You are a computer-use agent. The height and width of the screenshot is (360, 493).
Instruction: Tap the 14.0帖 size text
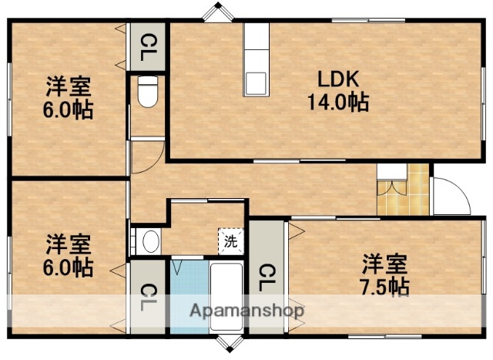coord(336,101)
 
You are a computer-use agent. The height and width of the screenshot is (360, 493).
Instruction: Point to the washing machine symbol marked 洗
coord(231,241)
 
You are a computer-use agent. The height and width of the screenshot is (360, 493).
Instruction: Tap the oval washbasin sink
coord(150,241)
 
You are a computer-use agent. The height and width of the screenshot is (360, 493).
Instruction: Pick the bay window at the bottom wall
coord(227,344)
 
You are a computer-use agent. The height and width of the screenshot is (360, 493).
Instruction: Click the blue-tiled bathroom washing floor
coord(188,297)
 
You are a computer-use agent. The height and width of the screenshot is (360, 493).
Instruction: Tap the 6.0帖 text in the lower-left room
coord(69,267)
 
